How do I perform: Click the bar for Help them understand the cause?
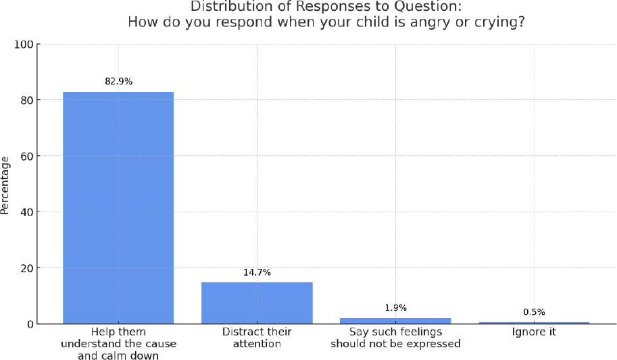pos(118,207)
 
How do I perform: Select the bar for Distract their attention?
pos(257,303)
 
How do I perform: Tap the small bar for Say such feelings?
pos(395,321)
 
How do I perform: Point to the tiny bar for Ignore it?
pos(534,323)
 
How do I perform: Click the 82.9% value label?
pos(118,82)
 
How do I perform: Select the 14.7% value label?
pos(257,273)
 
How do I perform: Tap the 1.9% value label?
pos(395,308)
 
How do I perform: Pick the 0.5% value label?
pos(534,312)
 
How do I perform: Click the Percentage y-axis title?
pos(6,184)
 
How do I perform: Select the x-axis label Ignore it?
pos(534,332)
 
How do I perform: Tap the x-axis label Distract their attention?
pos(257,338)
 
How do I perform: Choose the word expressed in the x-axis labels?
pos(433,344)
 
